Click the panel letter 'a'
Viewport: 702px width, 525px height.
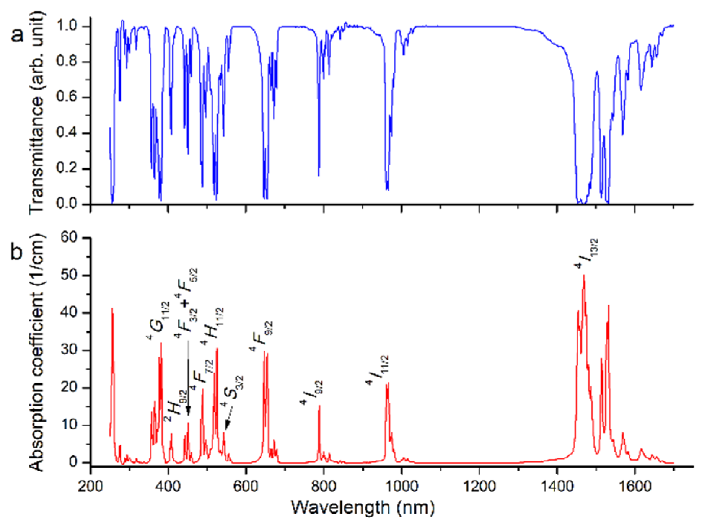pos(17,35)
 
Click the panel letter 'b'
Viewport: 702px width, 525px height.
pos(17,251)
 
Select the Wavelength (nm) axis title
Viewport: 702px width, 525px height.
pos(362,507)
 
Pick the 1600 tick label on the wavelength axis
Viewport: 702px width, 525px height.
pos(634,486)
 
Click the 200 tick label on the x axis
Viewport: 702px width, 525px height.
pos(91,486)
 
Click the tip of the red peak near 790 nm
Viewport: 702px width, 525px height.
pos(319,406)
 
